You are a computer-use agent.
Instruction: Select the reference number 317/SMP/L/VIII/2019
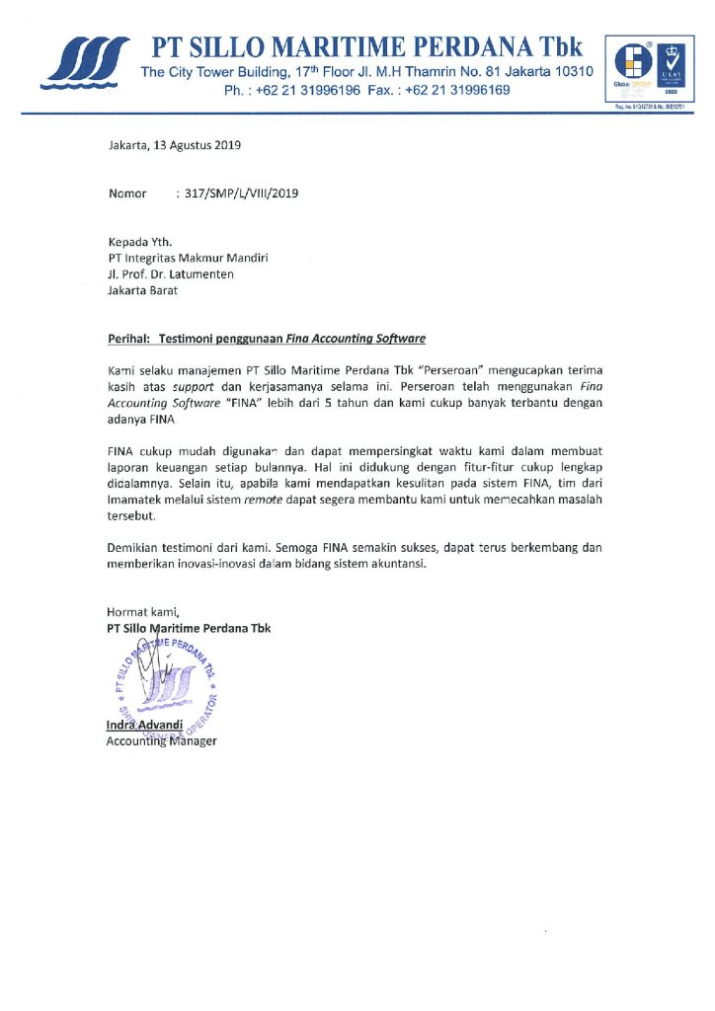coord(236,194)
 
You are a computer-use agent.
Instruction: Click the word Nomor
coord(127,194)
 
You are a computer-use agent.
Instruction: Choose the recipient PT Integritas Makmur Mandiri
coord(188,258)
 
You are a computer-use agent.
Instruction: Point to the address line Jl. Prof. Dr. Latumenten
coord(171,274)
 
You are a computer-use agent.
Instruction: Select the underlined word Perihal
coord(129,339)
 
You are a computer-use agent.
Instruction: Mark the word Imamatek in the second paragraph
coord(138,500)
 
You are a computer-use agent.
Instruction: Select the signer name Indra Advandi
coord(145,726)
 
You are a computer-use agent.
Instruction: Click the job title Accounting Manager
coord(161,741)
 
